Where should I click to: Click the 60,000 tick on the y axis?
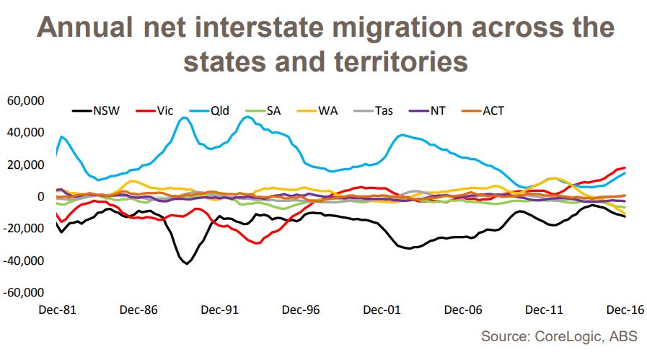pyautogui.click(x=26, y=100)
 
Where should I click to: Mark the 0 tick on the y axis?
pyautogui.click(x=41, y=196)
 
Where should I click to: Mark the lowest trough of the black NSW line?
pyautogui.click(x=187, y=263)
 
